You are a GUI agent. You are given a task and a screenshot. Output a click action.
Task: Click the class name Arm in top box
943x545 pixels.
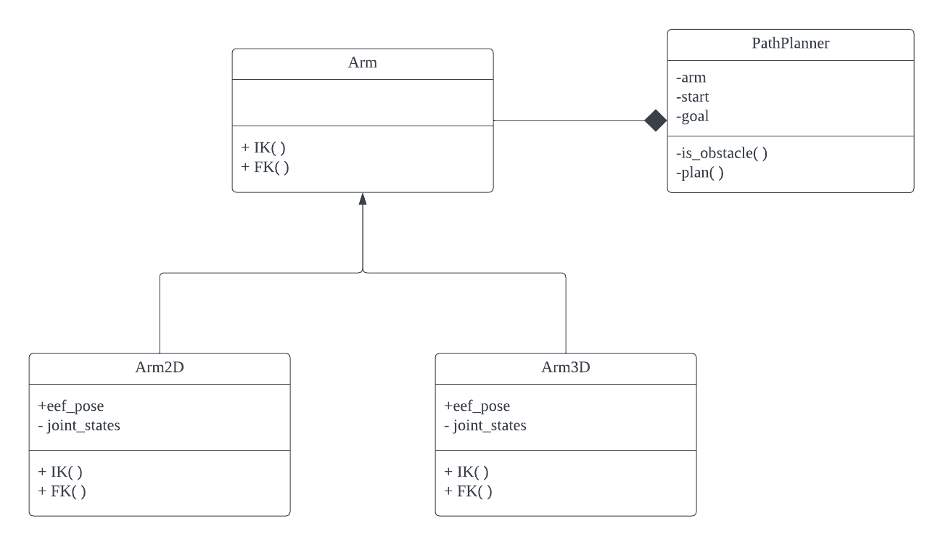(x=363, y=64)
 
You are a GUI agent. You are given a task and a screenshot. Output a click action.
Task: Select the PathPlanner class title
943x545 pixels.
(x=790, y=44)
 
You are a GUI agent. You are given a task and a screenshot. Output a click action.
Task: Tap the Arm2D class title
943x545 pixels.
(x=159, y=368)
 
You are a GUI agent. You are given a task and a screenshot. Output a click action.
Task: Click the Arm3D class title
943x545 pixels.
(x=566, y=368)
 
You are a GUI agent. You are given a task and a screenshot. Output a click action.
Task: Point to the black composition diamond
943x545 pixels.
(x=655, y=120)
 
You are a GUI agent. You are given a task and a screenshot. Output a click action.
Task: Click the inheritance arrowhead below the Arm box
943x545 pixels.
(x=362, y=200)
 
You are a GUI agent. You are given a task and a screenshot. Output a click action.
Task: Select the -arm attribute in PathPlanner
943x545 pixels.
(x=691, y=78)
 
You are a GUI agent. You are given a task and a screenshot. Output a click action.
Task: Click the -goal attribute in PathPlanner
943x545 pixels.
(x=692, y=115)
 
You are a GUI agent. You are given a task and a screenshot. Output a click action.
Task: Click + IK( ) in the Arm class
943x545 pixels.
(x=263, y=147)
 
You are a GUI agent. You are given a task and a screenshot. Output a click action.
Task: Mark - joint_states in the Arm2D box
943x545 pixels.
(x=79, y=425)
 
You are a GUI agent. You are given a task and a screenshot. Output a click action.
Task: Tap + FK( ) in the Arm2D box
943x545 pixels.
(x=62, y=491)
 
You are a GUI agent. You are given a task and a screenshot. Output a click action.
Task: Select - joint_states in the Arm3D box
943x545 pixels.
(x=485, y=425)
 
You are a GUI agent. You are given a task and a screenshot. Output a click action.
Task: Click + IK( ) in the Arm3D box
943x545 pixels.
(x=466, y=472)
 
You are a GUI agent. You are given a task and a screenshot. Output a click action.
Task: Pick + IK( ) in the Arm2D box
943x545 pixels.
(x=60, y=472)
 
